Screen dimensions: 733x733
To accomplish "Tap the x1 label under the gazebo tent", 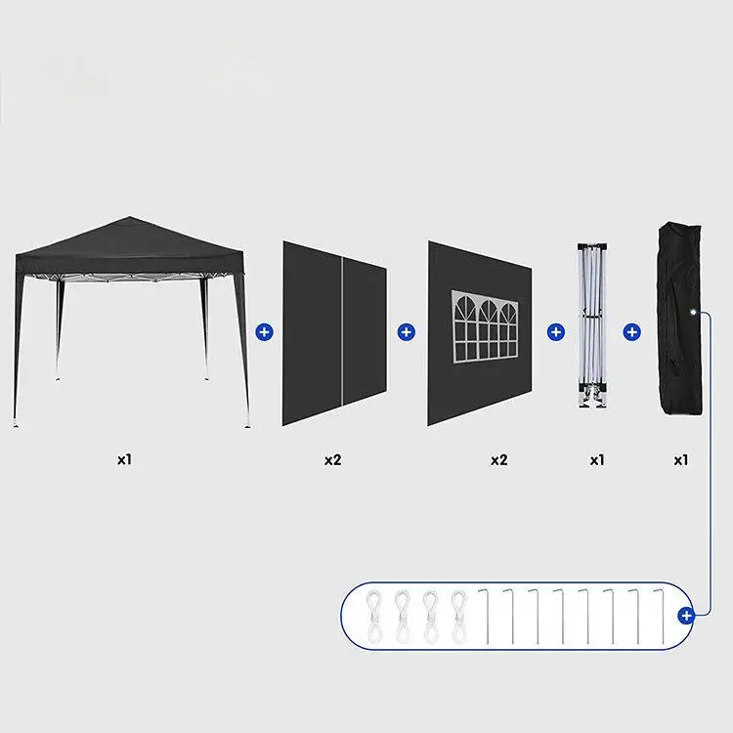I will [124, 458].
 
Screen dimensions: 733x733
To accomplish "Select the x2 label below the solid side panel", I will [333, 458].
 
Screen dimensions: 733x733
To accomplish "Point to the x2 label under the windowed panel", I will [498, 458].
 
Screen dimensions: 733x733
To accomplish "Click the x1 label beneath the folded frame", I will [597, 458].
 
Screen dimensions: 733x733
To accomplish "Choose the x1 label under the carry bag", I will [681, 458].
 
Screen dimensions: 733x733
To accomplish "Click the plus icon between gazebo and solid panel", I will [264, 332].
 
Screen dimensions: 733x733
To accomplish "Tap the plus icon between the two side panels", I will [406, 332].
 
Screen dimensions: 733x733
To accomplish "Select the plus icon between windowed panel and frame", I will [556, 332].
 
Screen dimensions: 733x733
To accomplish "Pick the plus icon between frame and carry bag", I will [632, 332].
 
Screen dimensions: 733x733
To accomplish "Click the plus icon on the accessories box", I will [686, 615].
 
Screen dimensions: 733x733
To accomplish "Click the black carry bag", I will [680, 323].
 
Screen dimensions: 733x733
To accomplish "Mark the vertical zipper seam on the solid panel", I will [341, 332].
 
